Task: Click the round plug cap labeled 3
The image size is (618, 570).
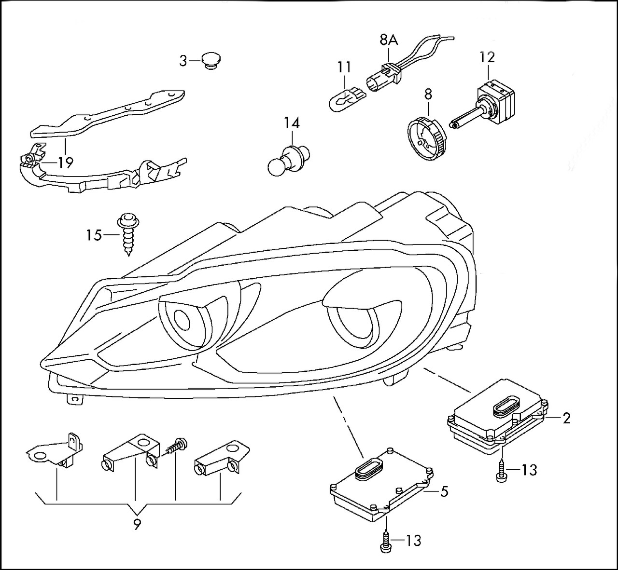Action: [211, 61]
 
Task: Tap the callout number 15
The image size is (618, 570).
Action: [94, 235]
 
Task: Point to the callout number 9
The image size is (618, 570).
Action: [138, 525]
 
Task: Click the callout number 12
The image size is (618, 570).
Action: [487, 57]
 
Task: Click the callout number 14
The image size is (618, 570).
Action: [291, 123]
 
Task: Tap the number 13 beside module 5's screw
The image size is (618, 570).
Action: [414, 541]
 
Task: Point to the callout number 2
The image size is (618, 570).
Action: [566, 418]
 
